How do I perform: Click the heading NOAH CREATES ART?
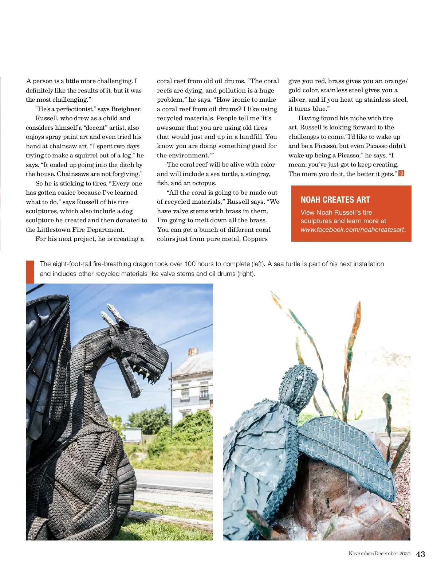point(335,200)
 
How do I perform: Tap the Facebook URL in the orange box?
point(353,230)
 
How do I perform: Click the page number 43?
point(420,554)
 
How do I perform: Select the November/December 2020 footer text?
point(379,554)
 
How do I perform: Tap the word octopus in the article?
point(204,183)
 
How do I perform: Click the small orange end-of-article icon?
point(401,173)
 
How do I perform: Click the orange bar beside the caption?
point(30,272)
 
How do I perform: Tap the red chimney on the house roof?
point(193,352)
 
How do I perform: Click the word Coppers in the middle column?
point(255,239)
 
